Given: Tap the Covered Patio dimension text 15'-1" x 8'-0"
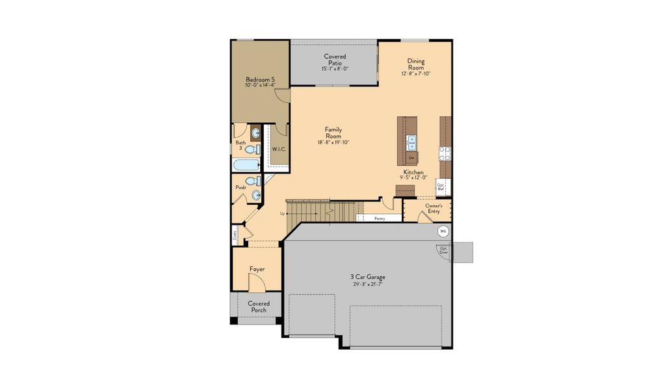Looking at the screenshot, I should coord(335,69).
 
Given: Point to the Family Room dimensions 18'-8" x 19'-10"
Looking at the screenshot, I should coord(333,142).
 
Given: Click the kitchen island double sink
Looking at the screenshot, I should coord(411,141).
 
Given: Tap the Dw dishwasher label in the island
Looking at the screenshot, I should coord(411,157).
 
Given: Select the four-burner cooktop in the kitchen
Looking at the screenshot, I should coord(445,153).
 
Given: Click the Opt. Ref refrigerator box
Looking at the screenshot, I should coord(441,185).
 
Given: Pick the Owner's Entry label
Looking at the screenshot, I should coord(434,209).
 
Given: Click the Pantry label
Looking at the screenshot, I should coord(379,218).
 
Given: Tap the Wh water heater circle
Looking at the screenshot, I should coord(443,231).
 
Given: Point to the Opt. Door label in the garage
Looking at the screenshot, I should coord(444,250).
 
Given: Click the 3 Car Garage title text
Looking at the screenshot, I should coord(367,277).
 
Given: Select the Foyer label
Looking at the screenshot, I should coord(257,269).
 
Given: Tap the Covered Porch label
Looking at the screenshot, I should coord(259,307).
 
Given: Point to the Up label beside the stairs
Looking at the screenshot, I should coord(283,213).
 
